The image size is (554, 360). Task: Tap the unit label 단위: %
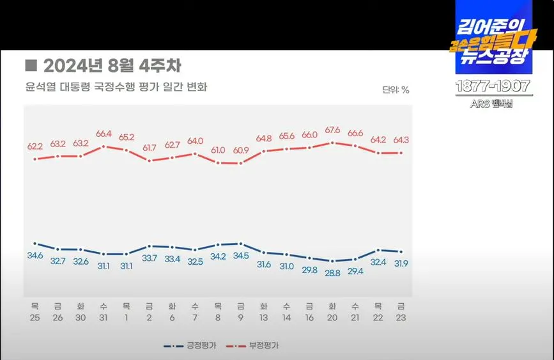[396, 90]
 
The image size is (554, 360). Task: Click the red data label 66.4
[104, 134]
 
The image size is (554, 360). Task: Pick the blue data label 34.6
[35, 256]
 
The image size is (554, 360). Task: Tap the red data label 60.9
[240, 151]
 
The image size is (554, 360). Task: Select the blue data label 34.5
[240, 256]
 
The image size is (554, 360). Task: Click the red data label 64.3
[401, 140]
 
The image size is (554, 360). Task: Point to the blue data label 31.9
[401, 263]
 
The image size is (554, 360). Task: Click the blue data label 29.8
[309, 270]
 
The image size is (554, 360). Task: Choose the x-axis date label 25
[35, 317]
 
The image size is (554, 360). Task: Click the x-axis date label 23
[401, 317]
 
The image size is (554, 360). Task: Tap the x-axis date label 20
[332, 317]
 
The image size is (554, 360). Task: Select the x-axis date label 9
[240, 317]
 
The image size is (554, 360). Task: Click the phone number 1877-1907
[493, 86]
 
